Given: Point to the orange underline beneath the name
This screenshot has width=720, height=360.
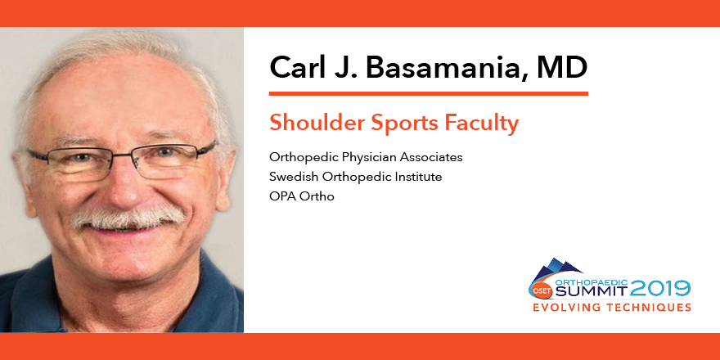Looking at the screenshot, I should pyautogui.click(x=429, y=93).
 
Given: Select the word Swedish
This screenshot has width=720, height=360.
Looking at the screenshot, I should pyautogui.click(x=291, y=177).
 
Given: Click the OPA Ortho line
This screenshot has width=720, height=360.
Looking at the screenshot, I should pyautogui.click(x=302, y=196).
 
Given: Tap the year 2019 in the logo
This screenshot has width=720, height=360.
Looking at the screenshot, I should pyautogui.click(x=661, y=288).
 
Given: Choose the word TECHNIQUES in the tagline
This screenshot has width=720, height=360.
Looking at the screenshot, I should pyautogui.click(x=648, y=308).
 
